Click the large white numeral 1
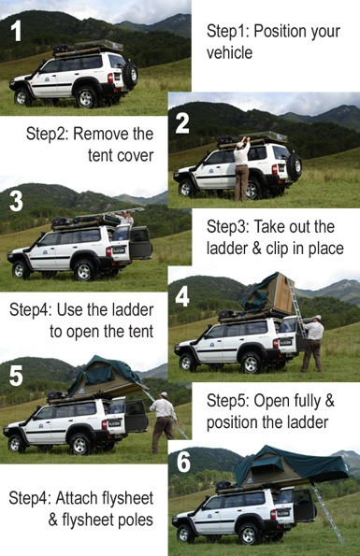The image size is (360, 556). tap(16, 31)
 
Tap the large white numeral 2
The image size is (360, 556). tap(182, 123)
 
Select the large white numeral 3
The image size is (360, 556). tap(16, 201)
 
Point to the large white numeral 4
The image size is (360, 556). tap(182, 296)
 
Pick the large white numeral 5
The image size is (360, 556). tap(16, 376)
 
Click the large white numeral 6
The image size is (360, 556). tap(183, 462)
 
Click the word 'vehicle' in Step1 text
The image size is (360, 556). tap(229, 53)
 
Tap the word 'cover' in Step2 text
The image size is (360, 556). tap(137, 156)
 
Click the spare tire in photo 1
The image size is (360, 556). tap(130, 75)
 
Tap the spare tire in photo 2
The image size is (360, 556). tap(294, 166)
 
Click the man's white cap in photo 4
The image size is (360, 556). tap(317, 318)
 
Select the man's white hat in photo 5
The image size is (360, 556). tap(163, 394)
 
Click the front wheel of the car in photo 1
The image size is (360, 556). tap(22, 97)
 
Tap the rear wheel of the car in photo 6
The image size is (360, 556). tap(249, 534)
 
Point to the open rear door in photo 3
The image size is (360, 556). tap(141, 243)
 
